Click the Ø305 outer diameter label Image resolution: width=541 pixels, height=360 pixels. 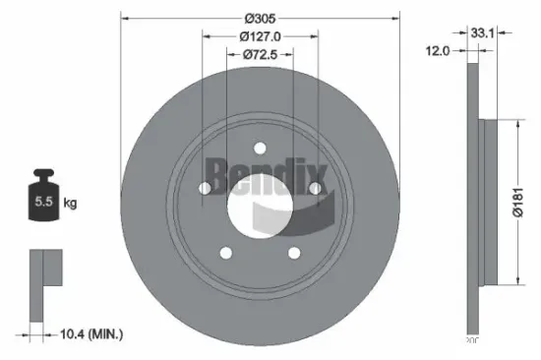[260, 19]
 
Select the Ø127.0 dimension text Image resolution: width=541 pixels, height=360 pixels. [260, 36]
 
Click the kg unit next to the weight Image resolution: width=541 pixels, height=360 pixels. [71, 204]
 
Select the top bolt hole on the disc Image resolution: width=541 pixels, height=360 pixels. [261, 149]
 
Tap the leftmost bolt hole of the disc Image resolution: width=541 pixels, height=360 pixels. [206, 188]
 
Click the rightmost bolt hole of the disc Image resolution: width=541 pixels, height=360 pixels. [315, 188]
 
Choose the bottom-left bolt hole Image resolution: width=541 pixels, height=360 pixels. [226, 253]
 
